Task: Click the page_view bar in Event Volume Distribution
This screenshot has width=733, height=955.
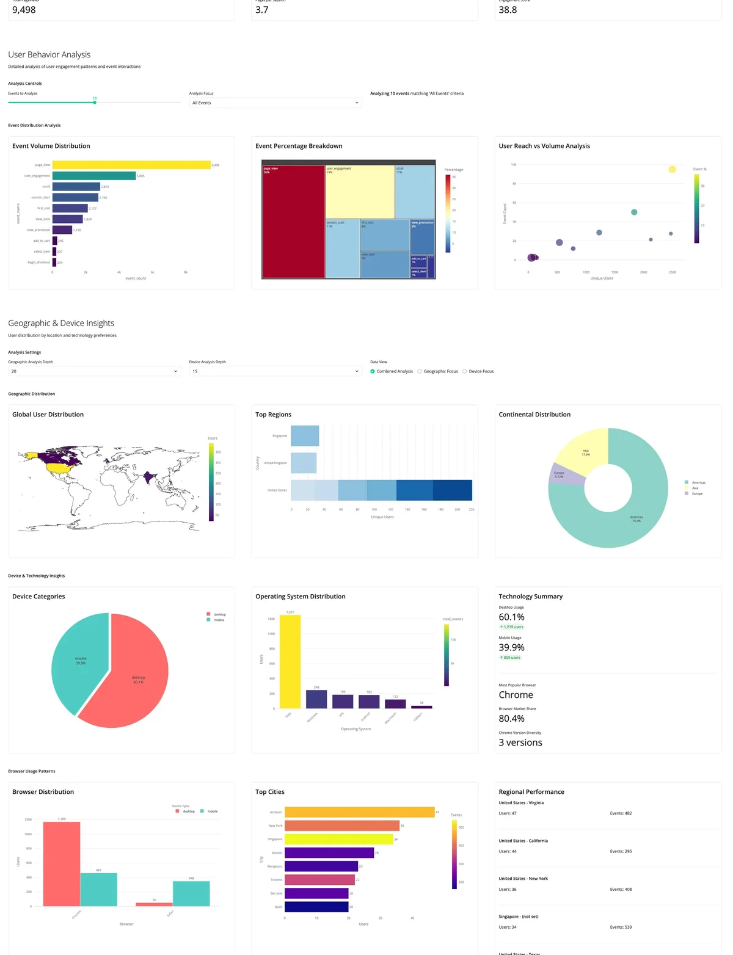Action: pyautogui.click(x=131, y=165)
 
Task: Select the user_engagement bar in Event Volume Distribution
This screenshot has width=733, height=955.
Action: pyautogui.click(x=94, y=176)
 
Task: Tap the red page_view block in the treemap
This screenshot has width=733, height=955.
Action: pyautogui.click(x=293, y=222)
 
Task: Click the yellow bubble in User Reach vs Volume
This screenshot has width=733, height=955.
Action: pyautogui.click(x=672, y=169)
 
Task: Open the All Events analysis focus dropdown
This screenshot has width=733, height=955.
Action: pyautogui.click(x=275, y=103)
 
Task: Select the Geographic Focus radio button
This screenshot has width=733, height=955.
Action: pyautogui.click(x=420, y=371)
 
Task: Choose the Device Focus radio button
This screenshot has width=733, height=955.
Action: pyautogui.click(x=465, y=371)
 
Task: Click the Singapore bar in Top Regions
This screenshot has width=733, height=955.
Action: pyautogui.click(x=305, y=436)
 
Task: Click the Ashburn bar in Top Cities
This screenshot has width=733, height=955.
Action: pyautogui.click(x=359, y=812)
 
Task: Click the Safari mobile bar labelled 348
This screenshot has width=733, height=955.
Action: pyautogui.click(x=191, y=893)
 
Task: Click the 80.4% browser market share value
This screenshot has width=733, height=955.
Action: pyautogui.click(x=512, y=719)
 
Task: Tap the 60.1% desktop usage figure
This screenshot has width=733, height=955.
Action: pyautogui.click(x=512, y=617)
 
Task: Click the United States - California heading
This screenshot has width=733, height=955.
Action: pyautogui.click(x=523, y=841)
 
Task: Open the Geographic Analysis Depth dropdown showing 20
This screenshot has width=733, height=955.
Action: pyautogui.click(x=95, y=371)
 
